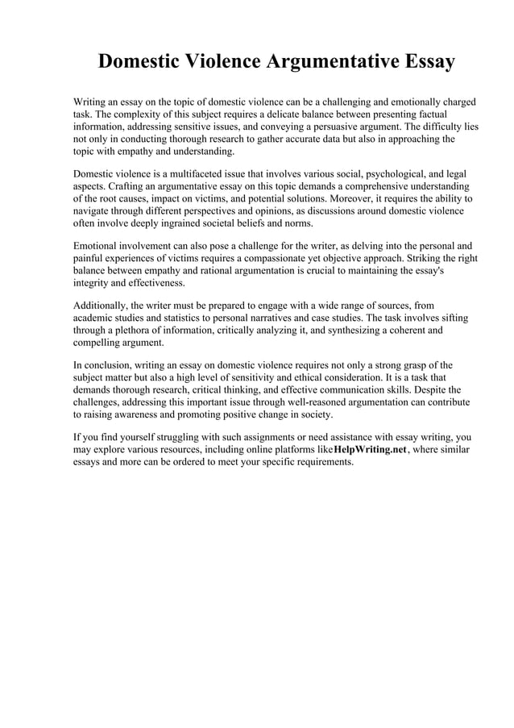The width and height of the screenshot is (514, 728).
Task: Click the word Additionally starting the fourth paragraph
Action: [102, 306]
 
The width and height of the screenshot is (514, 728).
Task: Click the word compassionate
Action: [301, 258]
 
